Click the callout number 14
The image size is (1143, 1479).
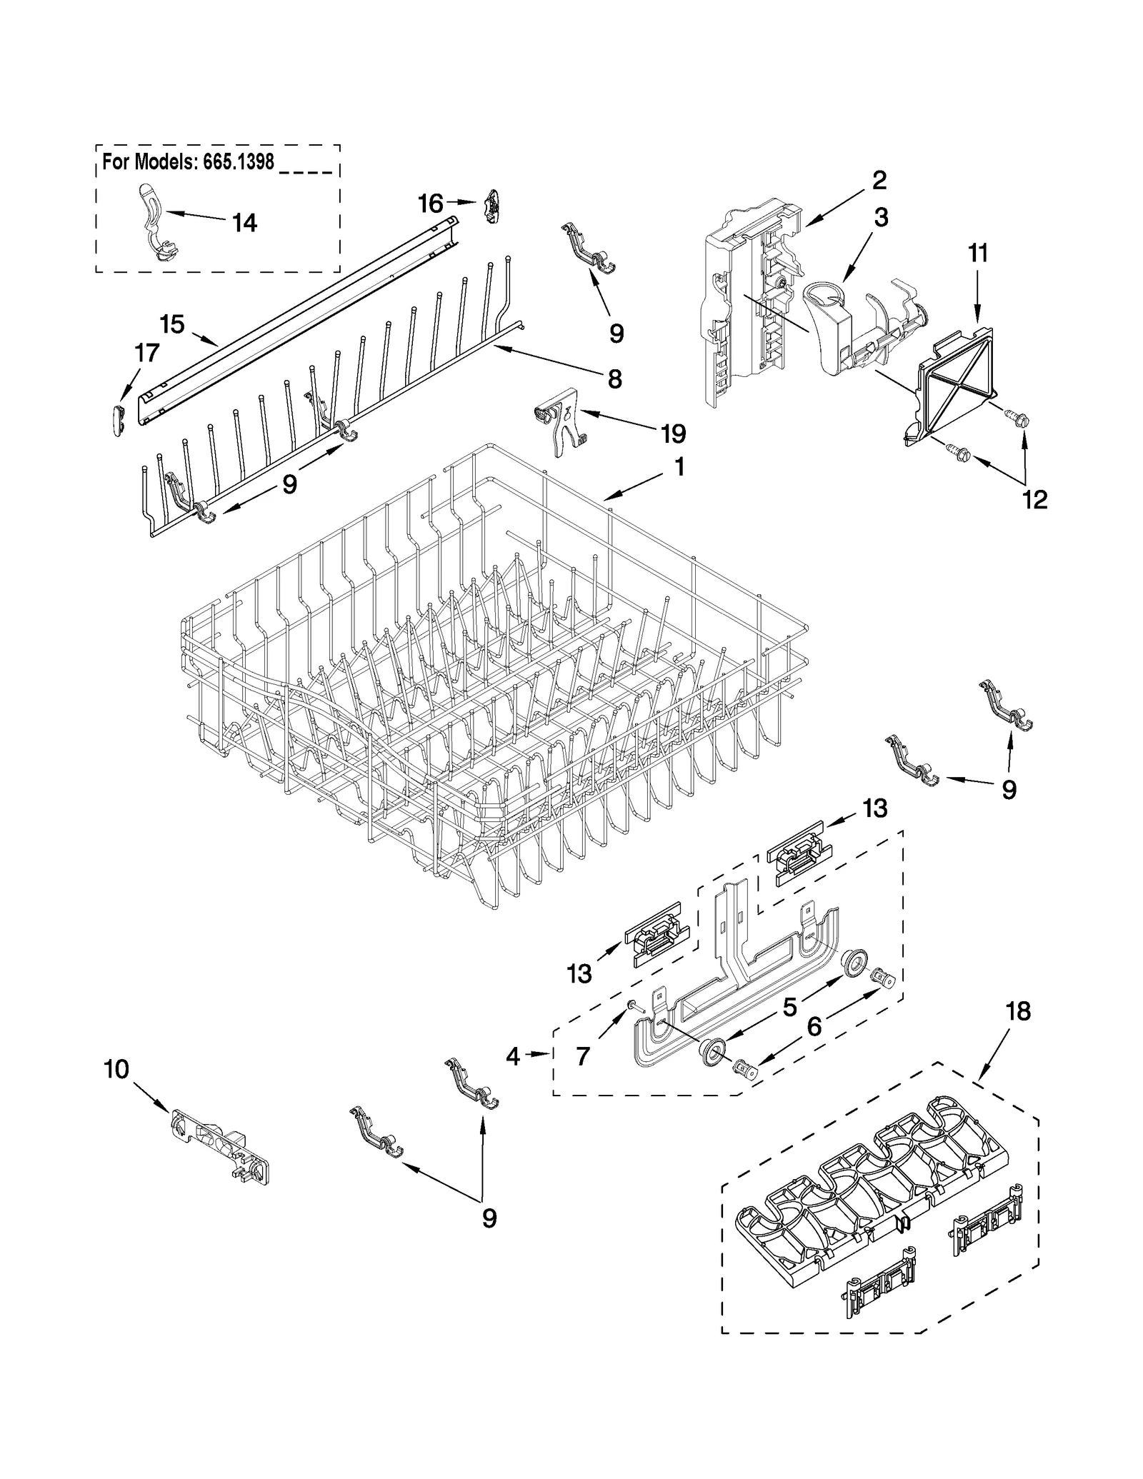[x=244, y=224]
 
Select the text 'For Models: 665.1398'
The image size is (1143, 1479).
[x=188, y=162]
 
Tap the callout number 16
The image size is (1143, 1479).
[x=431, y=204]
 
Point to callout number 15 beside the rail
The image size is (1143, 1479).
[x=172, y=324]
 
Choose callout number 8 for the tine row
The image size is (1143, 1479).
[x=614, y=378]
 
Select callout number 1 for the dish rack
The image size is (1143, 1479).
[x=679, y=468]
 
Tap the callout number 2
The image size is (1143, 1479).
[x=879, y=180]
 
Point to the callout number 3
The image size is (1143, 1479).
[x=881, y=218]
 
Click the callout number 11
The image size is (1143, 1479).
[x=978, y=253]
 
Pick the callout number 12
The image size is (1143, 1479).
[x=1035, y=499]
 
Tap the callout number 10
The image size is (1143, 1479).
[x=116, y=1069]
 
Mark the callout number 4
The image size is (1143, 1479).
[x=513, y=1056]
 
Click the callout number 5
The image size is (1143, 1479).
[x=789, y=1007]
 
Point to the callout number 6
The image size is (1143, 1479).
[x=814, y=1027]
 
